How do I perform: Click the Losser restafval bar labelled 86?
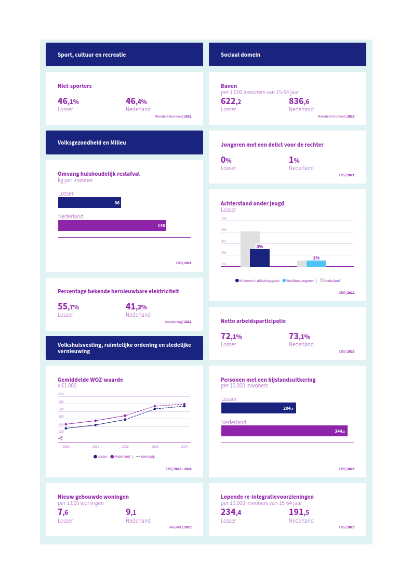pos(89,203)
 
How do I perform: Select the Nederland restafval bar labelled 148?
pos(112,226)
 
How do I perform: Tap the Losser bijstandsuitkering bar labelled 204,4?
pos(258,408)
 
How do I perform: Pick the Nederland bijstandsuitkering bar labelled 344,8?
pos(284,431)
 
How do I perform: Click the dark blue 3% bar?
pos(260,258)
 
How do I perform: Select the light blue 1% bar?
pos(316,264)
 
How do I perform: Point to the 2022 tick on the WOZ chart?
pos(125,447)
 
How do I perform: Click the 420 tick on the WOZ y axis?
pos(61,395)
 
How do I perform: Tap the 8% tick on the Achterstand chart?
pos(224,218)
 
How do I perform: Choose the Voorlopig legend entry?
pos(145,457)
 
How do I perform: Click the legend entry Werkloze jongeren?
pos(299,281)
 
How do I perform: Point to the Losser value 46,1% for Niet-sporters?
pos(68,101)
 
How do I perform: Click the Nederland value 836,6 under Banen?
pos(299,101)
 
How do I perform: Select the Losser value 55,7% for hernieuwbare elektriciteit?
pos(68,307)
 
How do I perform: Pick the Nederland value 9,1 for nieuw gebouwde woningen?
pos(131,513)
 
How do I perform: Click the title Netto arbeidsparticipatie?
pos(253,321)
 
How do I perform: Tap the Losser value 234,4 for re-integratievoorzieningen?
pos(231,513)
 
